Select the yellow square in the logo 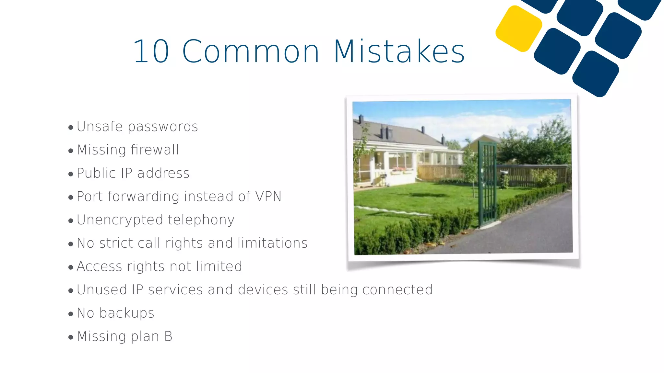pyautogui.click(x=518, y=28)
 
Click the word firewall pyautogui.click(x=155, y=150)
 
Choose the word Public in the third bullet pyautogui.click(x=96, y=174)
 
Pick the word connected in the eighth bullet pyautogui.click(x=397, y=290)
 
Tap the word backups pyautogui.click(x=127, y=313)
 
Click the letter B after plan pyautogui.click(x=168, y=336)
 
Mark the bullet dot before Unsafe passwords pyautogui.click(x=71, y=128)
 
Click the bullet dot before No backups pyautogui.click(x=71, y=314)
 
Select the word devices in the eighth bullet pyautogui.click(x=263, y=290)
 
